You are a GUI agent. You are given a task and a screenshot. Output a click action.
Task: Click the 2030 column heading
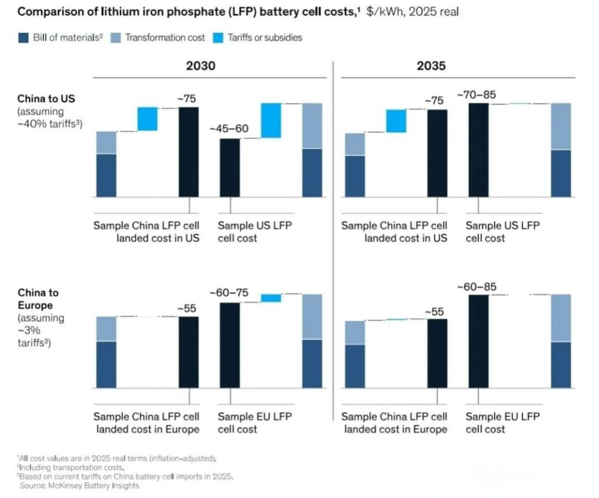click(x=200, y=66)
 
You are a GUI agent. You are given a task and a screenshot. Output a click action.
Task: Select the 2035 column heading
click(x=431, y=66)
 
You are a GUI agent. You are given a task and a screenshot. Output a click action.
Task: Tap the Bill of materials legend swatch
click(x=24, y=37)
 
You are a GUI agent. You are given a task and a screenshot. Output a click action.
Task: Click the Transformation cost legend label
click(x=165, y=37)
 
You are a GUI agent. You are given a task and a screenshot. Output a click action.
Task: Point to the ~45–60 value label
click(x=229, y=128)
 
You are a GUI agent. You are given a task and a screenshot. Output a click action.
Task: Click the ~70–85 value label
click(x=476, y=94)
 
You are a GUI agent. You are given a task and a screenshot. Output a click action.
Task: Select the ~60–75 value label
click(x=229, y=293)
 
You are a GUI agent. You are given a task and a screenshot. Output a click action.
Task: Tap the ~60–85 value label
click(x=477, y=286)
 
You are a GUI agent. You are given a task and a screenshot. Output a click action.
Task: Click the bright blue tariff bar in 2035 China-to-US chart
click(x=396, y=120)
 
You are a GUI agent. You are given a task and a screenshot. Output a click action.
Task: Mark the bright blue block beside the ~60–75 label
click(x=271, y=297)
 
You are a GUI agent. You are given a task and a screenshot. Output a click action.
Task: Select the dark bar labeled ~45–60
click(x=230, y=167)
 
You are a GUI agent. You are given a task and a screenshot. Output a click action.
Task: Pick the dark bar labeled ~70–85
click(x=478, y=150)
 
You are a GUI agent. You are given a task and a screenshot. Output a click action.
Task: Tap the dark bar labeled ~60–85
click(x=478, y=341)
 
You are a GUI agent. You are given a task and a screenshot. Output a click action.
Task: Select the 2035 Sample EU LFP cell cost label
click(x=502, y=422)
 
